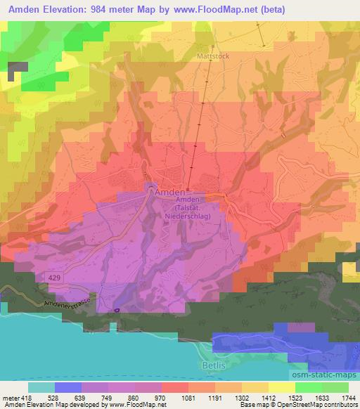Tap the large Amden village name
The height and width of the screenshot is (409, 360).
(169, 191)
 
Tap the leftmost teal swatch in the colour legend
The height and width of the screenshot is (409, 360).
(41, 387)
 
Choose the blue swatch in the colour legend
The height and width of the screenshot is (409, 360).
(68, 387)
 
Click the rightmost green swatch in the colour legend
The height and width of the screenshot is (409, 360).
(335, 387)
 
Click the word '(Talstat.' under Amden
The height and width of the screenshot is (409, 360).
(191, 209)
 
